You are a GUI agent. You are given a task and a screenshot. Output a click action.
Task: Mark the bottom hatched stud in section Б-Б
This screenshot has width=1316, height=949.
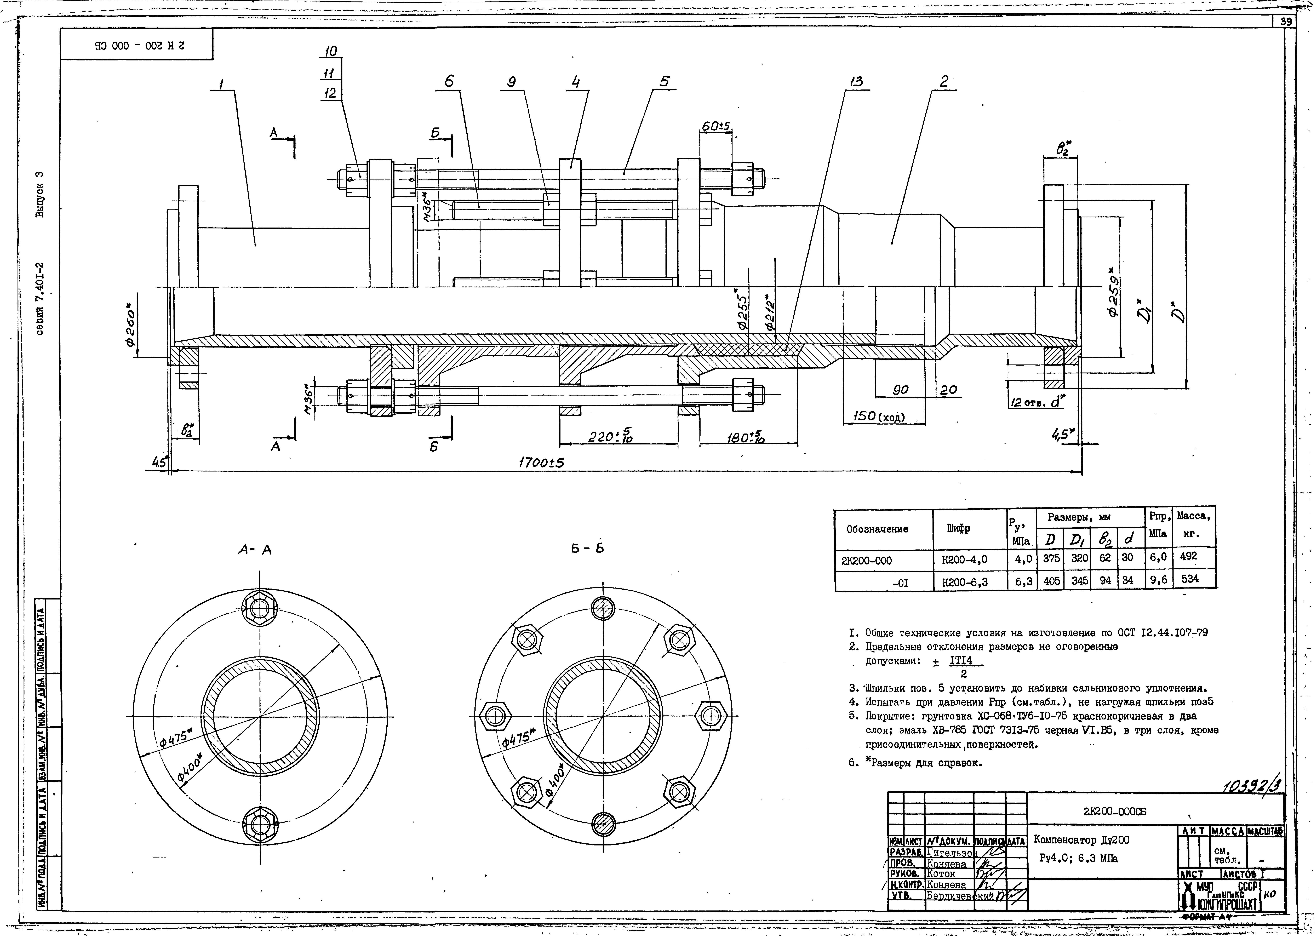[x=603, y=824]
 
